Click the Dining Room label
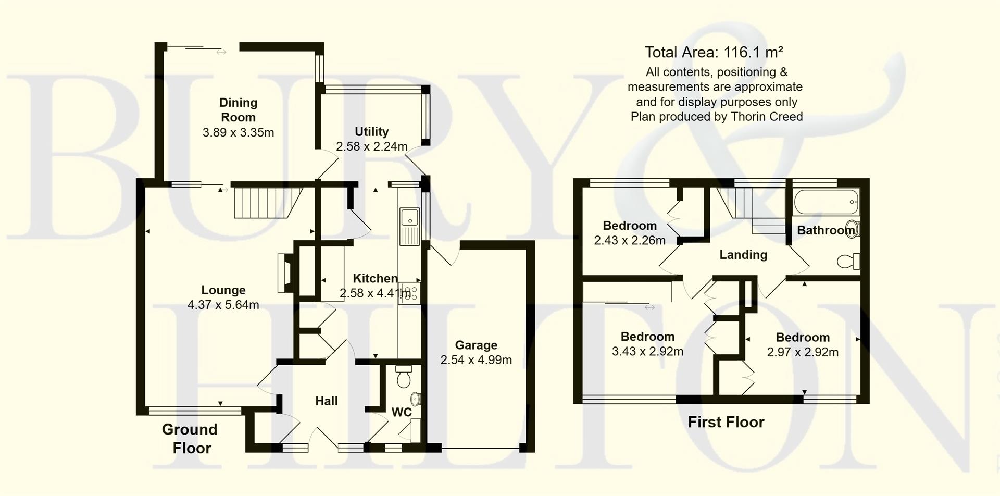[238, 110]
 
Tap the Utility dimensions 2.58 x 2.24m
[371, 146]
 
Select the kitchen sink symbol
[409, 227]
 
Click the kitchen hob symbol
[409, 293]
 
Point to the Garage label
[476, 345]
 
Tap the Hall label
[327, 401]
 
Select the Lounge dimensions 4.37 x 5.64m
[223, 305]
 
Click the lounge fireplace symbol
[286, 272]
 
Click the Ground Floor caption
[190, 438]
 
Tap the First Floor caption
[726, 422]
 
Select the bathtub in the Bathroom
[826, 202]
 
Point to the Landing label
[743, 255]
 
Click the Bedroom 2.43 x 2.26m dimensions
[630, 240]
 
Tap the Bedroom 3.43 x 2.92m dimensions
[647, 351]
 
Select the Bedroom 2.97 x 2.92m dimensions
[803, 352]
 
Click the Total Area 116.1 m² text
[714, 52]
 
